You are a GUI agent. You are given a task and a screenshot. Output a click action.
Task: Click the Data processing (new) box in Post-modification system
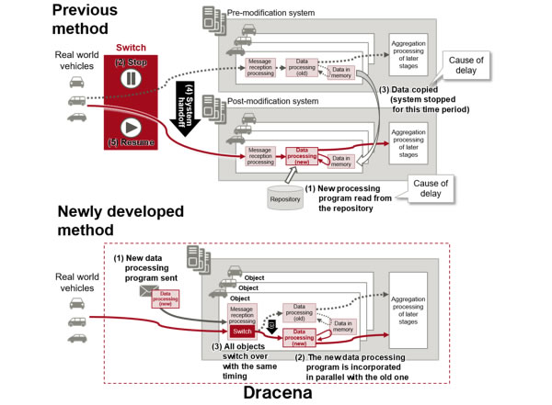(x=301, y=155)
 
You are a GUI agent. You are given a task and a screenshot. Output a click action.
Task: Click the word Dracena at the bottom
(x=276, y=393)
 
